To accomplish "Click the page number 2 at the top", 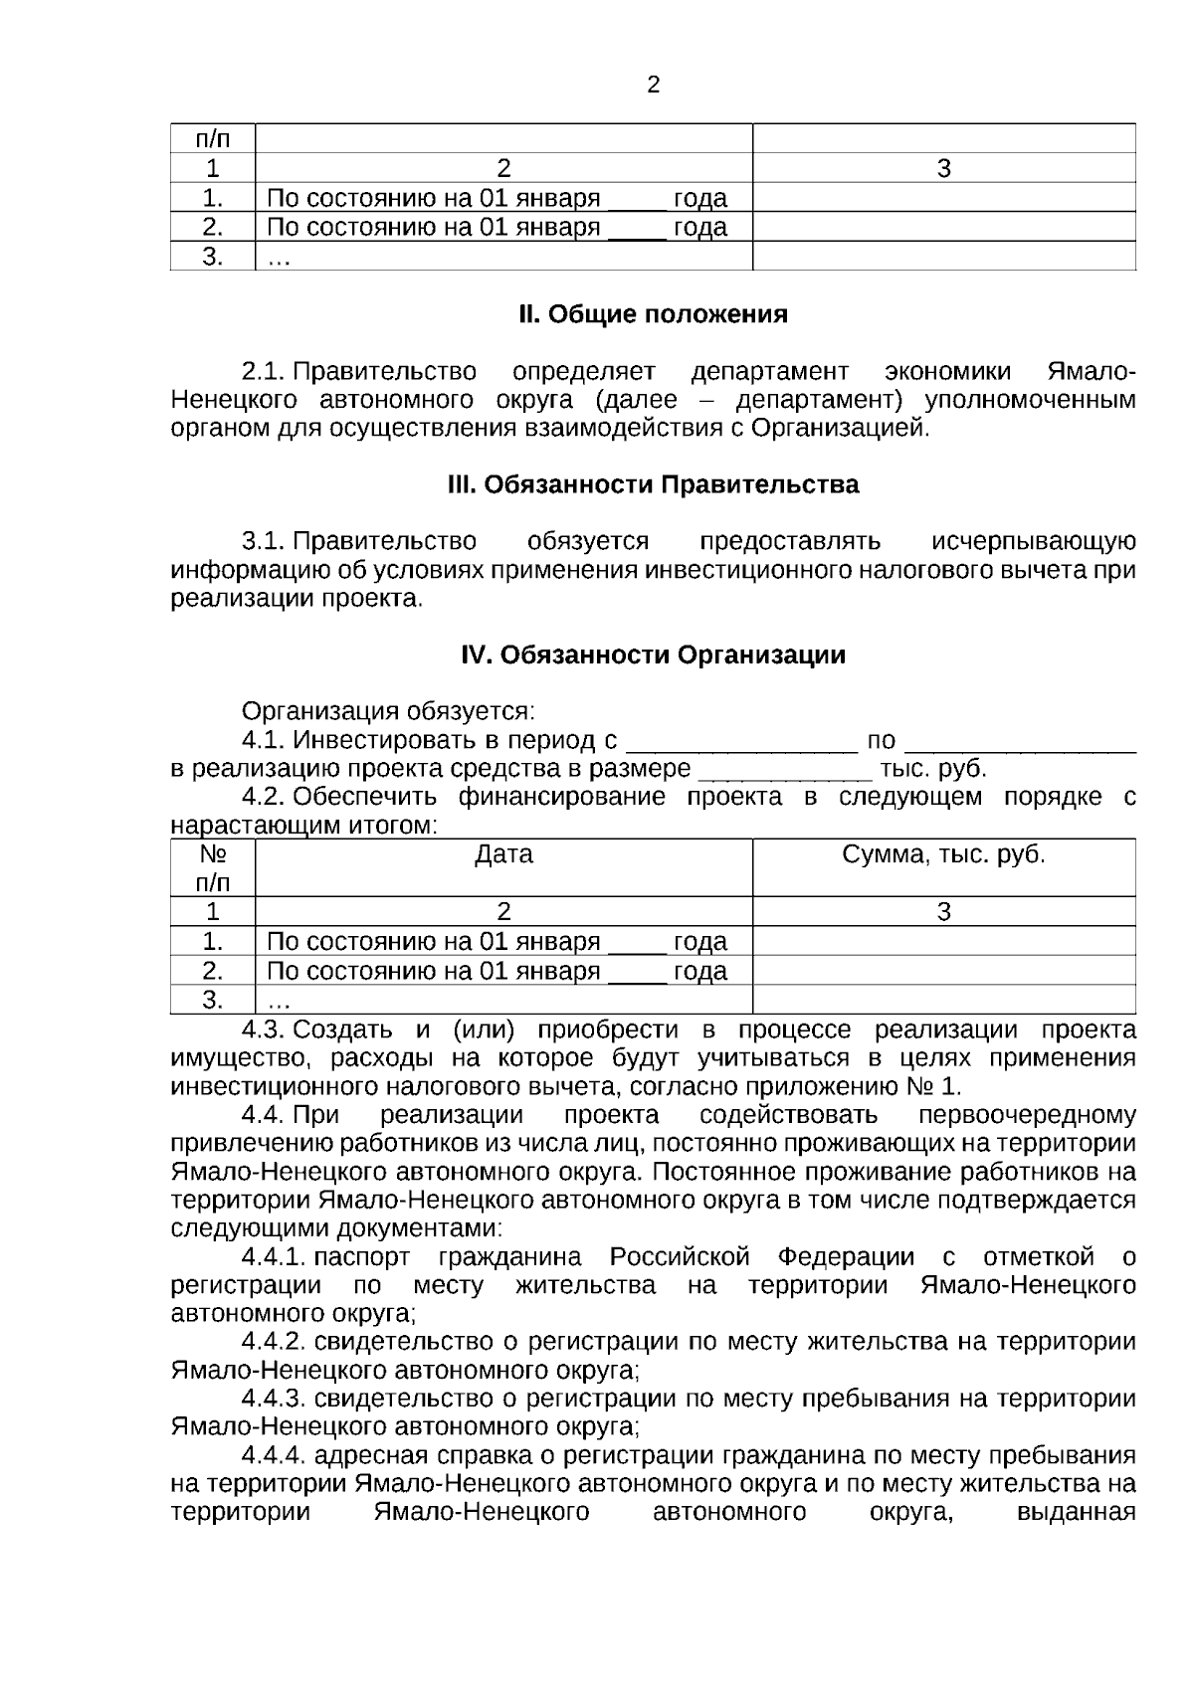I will (653, 86).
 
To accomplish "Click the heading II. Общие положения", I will (653, 314).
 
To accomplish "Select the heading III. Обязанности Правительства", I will (653, 484).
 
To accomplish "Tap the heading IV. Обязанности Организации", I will (653, 655).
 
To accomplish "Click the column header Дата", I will (503, 854).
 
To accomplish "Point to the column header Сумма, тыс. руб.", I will (943, 854).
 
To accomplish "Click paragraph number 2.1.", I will (263, 372).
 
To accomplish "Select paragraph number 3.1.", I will (263, 542).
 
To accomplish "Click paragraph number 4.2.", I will (264, 797).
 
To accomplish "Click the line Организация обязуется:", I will (388, 712).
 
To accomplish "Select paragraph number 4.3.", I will (264, 1030).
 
